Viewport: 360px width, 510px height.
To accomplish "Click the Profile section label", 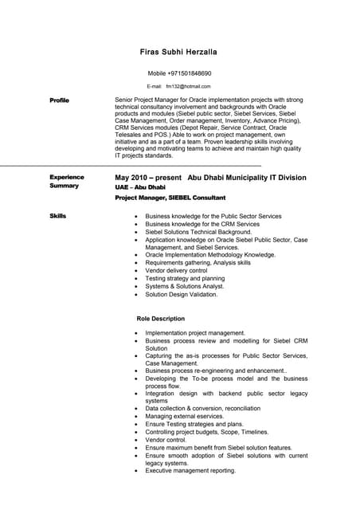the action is [x=59, y=100].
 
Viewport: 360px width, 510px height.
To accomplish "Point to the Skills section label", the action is [x=57, y=216].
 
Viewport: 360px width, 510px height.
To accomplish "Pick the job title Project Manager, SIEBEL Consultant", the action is [x=170, y=198].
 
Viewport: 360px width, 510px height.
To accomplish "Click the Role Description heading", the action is [x=161, y=318].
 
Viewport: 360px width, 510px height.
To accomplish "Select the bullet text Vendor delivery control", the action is [x=176, y=271].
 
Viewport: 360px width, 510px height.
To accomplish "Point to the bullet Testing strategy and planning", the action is [x=185, y=279].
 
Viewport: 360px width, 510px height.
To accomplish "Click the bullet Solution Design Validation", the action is [x=181, y=294].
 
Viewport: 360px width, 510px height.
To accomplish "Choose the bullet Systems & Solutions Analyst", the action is [x=185, y=286].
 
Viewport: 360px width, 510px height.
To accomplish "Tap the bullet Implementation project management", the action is [x=195, y=333].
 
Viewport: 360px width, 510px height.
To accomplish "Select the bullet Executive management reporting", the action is [x=190, y=470].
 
